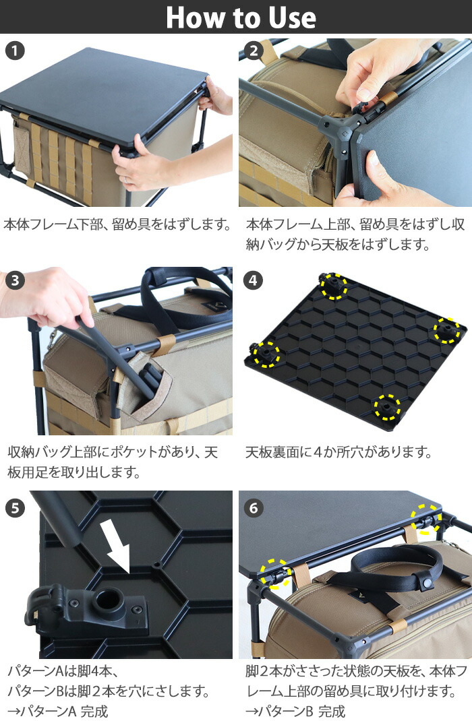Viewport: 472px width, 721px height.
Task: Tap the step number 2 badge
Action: tap(254, 51)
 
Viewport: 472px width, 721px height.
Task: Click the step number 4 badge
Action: tap(254, 280)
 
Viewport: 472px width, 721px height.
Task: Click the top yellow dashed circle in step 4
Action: tap(333, 286)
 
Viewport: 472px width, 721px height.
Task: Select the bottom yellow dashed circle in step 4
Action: tap(387, 406)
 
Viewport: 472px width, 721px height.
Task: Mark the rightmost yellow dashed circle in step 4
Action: tap(446, 330)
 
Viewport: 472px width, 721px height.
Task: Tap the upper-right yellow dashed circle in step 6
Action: tap(427, 518)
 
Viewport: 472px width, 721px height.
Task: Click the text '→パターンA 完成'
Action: tap(57, 710)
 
